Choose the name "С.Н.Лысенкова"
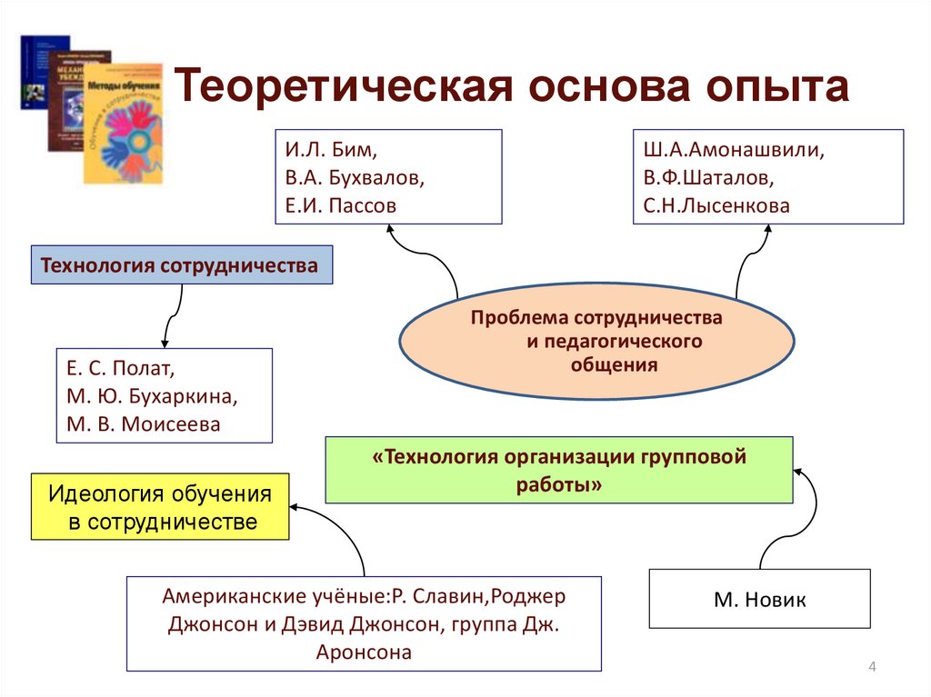click(716, 205)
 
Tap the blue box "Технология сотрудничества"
click(182, 265)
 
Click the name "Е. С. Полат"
click(118, 370)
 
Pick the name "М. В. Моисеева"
click(143, 424)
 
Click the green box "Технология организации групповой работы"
click(559, 470)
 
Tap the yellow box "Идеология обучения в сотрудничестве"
click(160, 508)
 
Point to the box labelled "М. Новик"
click(759, 599)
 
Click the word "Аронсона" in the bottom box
click(364, 651)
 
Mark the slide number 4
click(872, 669)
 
